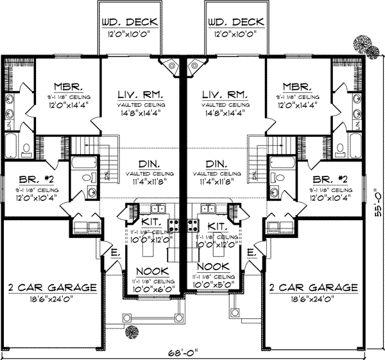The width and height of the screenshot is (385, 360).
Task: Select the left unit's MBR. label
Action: (x=67, y=87)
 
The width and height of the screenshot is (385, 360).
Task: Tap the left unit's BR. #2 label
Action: (x=30, y=180)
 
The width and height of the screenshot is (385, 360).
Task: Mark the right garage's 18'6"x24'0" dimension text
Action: (x=312, y=299)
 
